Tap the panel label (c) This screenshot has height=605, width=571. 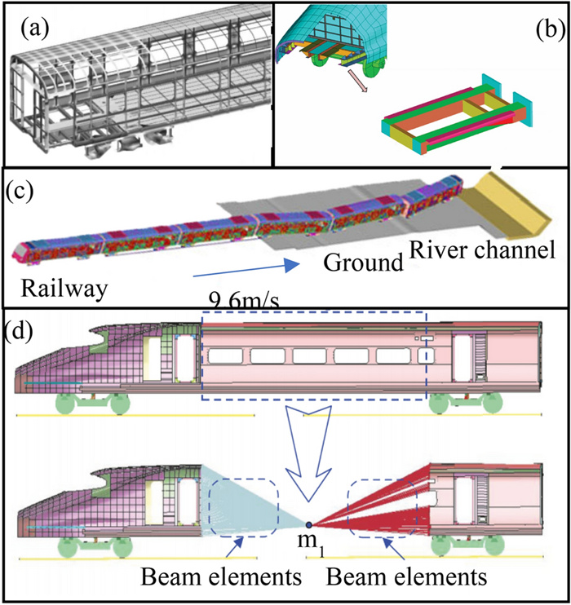(24, 193)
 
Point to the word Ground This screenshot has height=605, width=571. (352, 263)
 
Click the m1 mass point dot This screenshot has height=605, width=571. (309, 526)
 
